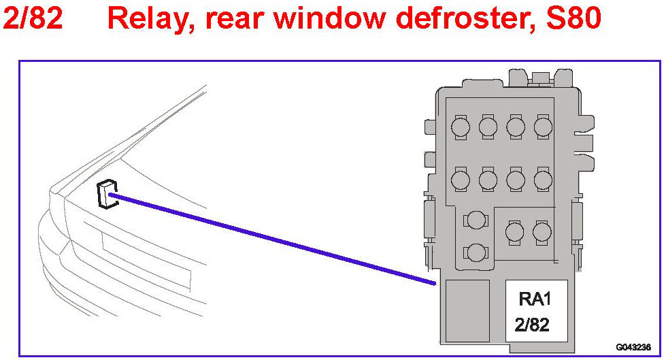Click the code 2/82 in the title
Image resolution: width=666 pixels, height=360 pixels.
pyautogui.click(x=33, y=19)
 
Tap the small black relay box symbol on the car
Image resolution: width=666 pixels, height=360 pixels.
pyautogui.click(x=106, y=195)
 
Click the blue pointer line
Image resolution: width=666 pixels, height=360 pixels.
pyautogui.click(x=272, y=238)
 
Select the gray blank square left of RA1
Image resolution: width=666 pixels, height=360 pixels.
pyautogui.click(x=467, y=310)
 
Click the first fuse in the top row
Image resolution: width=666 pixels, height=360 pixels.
pyautogui.click(x=461, y=127)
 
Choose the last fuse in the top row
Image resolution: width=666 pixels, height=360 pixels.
pyautogui.click(x=542, y=127)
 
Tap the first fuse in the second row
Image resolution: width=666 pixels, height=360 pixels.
pyautogui.click(x=461, y=180)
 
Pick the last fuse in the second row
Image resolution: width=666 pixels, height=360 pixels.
pyautogui.click(x=542, y=180)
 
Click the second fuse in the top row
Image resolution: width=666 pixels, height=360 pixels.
pyautogui.click(x=488, y=127)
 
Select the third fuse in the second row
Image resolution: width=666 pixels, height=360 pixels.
pyautogui.click(x=515, y=180)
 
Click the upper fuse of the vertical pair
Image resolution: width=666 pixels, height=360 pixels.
pyautogui.click(x=476, y=220)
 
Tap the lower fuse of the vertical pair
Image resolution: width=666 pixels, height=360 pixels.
pyautogui.click(x=476, y=252)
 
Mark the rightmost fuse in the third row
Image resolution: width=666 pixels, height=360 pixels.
pyautogui.click(x=542, y=232)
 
